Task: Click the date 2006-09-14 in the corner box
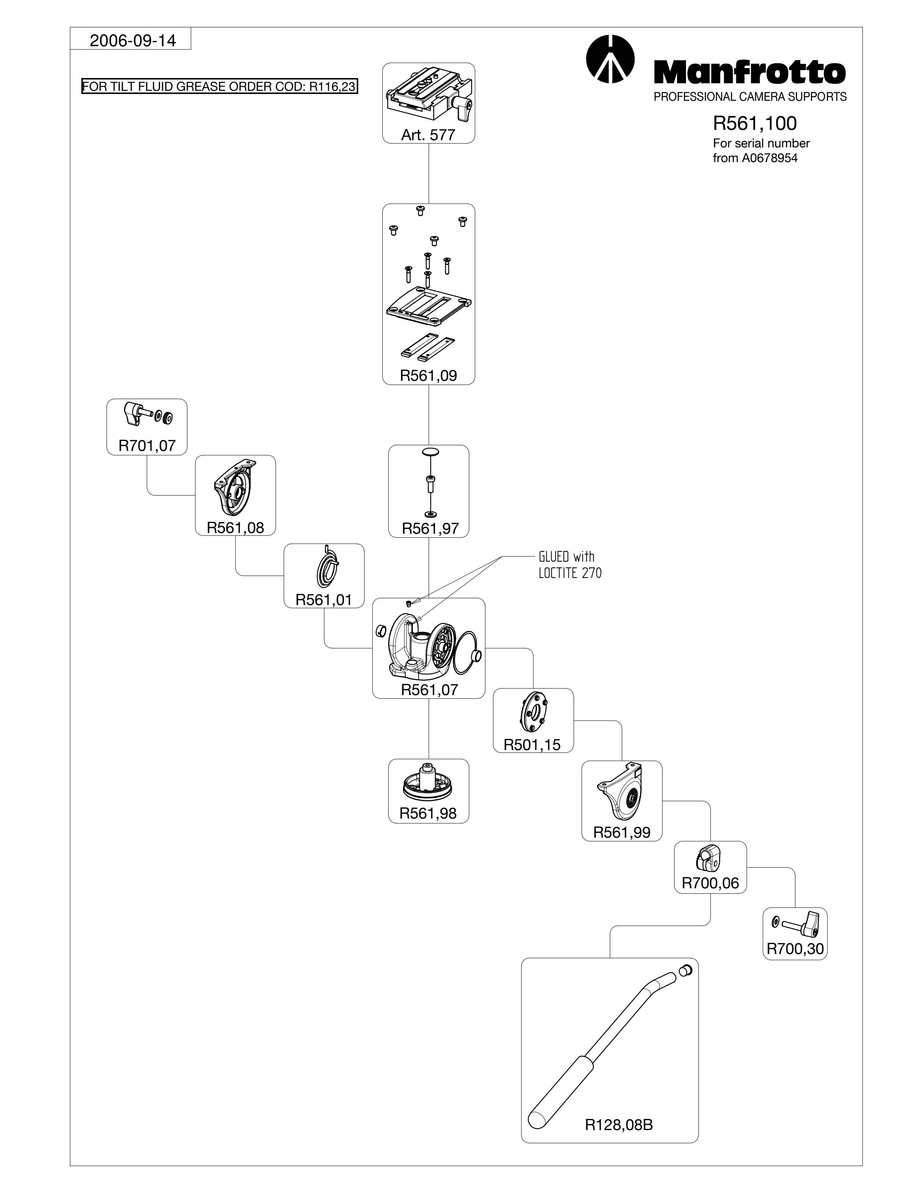pos(133,41)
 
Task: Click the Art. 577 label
pos(428,135)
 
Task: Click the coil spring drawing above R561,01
pos(327,570)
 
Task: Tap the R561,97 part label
pos(430,529)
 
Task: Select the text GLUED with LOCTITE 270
pos(570,565)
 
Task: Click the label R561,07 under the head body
pos(429,690)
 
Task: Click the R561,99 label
pos(622,832)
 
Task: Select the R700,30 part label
pos(795,949)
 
